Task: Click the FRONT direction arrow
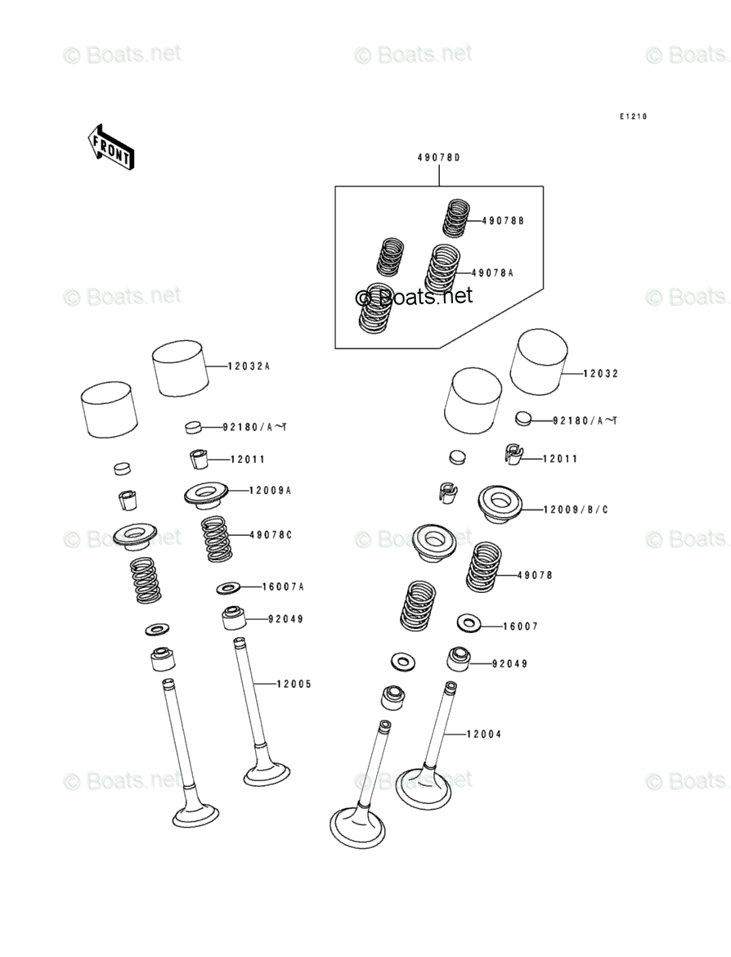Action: click(110, 146)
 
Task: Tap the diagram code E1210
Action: click(632, 117)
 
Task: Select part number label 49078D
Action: click(438, 157)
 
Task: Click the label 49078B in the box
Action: click(503, 221)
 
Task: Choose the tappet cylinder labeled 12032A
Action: click(179, 369)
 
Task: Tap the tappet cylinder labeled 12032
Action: click(538, 362)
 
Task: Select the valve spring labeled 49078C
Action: click(216, 538)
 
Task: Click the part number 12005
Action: click(293, 684)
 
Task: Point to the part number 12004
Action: click(484, 735)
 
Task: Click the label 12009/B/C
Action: click(576, 510)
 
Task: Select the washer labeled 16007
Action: click(467, 624)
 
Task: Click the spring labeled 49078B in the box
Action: click(458, 218)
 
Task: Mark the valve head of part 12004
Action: click(423, 786)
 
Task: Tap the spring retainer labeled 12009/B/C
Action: click(500, 504)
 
